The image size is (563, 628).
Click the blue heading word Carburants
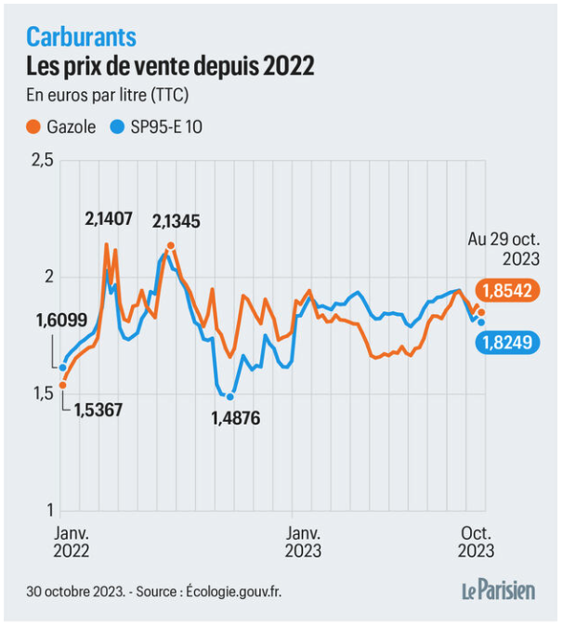(81, 36)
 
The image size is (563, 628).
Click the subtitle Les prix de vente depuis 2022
(169, 67)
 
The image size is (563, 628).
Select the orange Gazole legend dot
(34, 127)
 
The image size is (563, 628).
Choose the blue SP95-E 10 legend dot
(116, 127)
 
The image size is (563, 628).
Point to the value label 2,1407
(109, 219)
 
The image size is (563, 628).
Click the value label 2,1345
(176, 222)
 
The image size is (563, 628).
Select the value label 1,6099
(61, 321)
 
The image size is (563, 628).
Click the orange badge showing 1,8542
(506, 291)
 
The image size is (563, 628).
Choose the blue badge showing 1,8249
(506, 343)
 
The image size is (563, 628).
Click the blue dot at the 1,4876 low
(230, 397)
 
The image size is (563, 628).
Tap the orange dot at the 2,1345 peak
(171, 246)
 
